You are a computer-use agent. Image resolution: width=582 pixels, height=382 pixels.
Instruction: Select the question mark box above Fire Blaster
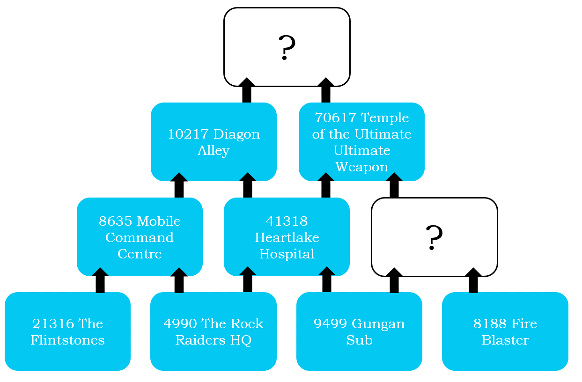click(x=434, y=237)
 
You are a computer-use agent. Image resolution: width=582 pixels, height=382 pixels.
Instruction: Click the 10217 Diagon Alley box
click(x=214, y=142)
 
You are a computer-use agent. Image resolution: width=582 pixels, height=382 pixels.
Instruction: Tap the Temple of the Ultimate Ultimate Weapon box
click(x=361, y=142)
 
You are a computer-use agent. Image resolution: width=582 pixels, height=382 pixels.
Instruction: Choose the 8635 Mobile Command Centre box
click(x=140, y=237)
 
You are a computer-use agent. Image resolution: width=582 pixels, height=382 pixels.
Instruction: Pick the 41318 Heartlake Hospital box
click(x=287, y=237)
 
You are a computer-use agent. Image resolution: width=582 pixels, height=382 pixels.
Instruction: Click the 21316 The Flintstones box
click(x=67, y=331)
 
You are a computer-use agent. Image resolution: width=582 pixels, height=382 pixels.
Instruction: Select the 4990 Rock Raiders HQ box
click(x=214, y=331)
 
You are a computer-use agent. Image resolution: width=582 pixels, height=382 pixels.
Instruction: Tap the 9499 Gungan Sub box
click(x=359, y=331)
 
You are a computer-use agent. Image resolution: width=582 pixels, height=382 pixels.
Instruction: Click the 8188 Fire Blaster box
click(x=505, y=331)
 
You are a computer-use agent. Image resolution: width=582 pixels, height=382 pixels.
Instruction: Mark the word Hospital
click(x=287, y=254)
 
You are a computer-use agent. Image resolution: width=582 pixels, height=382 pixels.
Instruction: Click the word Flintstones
click(x=67, y=340)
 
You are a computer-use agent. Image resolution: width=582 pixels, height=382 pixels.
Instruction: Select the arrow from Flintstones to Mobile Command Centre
click(x=100, y=280)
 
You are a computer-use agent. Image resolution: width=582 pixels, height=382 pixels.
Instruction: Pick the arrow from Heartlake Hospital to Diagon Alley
click(x=248, y=185)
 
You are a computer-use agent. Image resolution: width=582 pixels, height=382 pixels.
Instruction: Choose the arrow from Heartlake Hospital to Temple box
click(x=326, y=185)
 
